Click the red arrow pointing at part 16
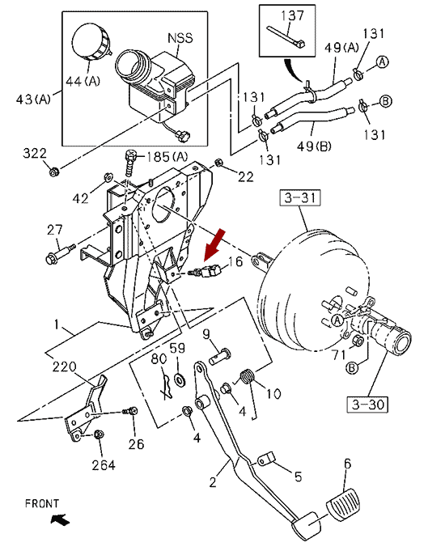tap(214, 245)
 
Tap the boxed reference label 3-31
tap(300, 198)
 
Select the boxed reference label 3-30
tap(367, 405)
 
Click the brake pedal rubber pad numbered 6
tap(343, 504)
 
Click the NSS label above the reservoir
tap(180, 38)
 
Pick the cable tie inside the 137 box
tap(286, 36)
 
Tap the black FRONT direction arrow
tap(60, 519)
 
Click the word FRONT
tap(42, 503)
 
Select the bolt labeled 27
tap(60, 254)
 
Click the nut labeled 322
tap(53, 172)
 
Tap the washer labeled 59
tap(180, 379)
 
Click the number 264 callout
tap(104, 465)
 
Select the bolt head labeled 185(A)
tap(130, 155)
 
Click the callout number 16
tap(235, 261)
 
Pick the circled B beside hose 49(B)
tap(386, 101)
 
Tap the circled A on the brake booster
tap(337, 320)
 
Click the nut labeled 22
tap(218, 163)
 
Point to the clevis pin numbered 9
tap(220, 356)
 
